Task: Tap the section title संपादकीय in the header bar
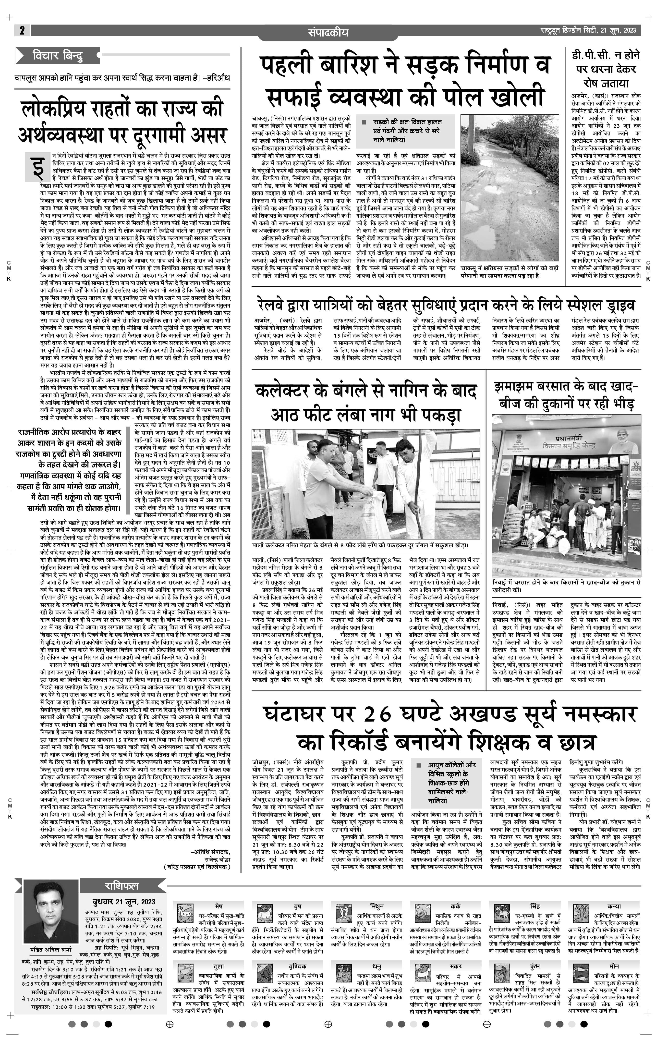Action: click(328, 32)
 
